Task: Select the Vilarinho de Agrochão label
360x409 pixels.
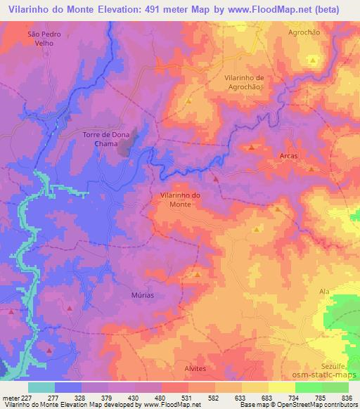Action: (x=243, y=82)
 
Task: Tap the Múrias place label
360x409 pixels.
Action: (x=142, y=295)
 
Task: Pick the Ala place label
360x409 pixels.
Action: (x=324, y=290)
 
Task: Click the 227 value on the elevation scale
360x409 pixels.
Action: (x=27, y=398)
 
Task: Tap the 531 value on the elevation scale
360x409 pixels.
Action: (x=188, y=398)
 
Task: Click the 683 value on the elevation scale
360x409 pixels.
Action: (x=268, y=398)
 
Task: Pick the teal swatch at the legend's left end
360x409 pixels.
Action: (x=41, y=387)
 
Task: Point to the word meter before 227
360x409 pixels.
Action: (x=10, y=398)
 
